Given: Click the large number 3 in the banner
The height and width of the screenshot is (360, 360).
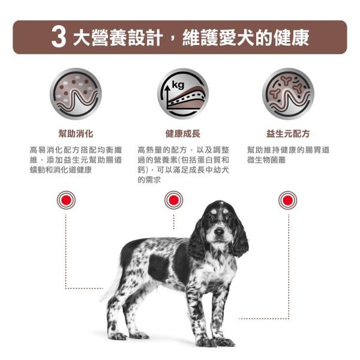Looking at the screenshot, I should (58, 37).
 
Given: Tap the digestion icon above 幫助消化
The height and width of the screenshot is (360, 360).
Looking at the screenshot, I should (76, 94).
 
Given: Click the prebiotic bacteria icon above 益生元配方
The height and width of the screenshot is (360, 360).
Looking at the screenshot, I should (288, 94).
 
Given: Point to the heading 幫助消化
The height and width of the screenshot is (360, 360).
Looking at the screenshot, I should (76, 133).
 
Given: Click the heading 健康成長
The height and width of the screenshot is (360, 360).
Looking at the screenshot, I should (182, 133).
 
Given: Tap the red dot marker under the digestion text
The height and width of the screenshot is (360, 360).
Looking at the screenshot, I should (66, 200).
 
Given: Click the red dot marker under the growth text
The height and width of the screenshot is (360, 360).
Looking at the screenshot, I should (174, 200).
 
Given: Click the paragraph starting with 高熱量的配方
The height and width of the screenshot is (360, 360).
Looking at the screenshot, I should (182, 164).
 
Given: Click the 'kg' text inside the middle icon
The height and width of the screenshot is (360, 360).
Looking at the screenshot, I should (177, 85).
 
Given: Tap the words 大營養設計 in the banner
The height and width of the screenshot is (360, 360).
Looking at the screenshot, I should (116, 38).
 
